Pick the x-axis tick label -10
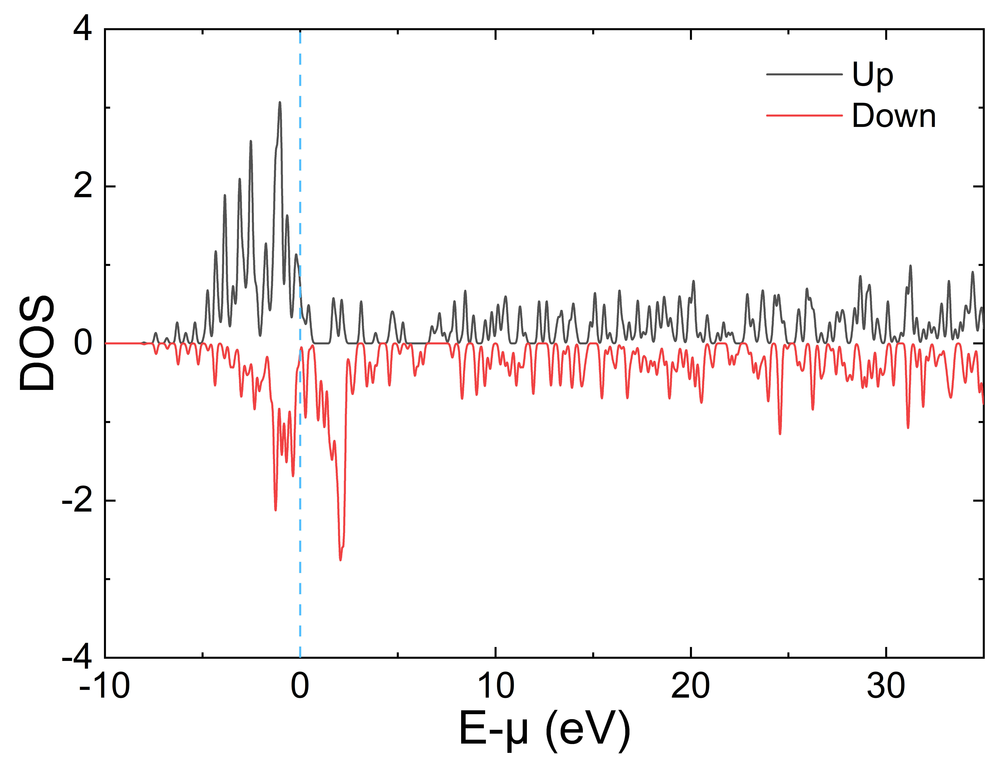tap(105, 686)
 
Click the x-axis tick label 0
tap(300, 686)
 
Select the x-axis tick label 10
tap(496, 686)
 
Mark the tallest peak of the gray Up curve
tap(280, 103)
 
